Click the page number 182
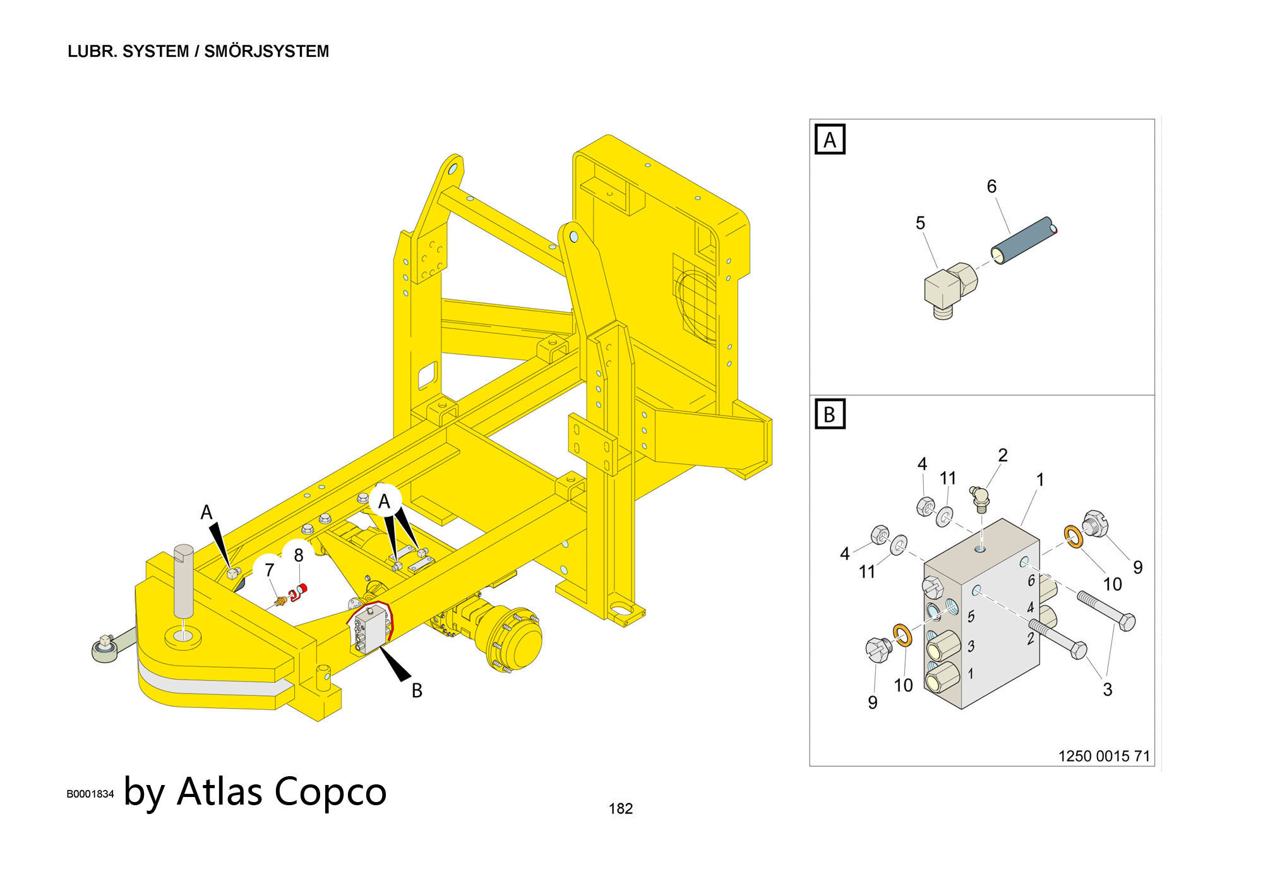click(620, 808)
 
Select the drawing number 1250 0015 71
click(1104, 756)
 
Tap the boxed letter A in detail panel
click(830, 140)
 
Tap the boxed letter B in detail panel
click(830, 414)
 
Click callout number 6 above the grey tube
click(991, 186)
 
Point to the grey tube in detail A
click(1023, 241)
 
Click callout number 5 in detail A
click(920, 223)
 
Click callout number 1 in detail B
click(1040, 480)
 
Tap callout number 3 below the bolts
click(1107, 689)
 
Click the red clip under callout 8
click(297, 592)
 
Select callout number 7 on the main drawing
click(269, 570)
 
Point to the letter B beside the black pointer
click(417, 691)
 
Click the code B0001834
click(90, 794)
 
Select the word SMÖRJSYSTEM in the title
click(266, 51)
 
